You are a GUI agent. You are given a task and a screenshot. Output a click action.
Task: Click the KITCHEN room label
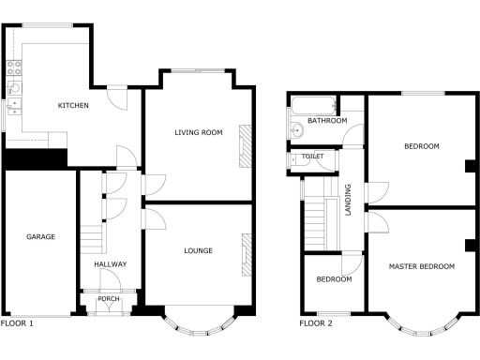(73, 105)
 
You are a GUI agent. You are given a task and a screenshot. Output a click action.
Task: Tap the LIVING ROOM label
(198, 133)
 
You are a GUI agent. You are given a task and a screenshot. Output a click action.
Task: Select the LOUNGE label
(198, 250)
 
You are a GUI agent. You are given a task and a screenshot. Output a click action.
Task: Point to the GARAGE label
(40, 237)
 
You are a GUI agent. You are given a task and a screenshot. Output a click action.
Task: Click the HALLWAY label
(110, 264)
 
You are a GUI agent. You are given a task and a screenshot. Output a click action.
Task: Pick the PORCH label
(109, 299)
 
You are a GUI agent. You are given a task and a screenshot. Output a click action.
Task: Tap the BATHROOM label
(328, 121)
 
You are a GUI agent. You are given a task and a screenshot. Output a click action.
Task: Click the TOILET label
(312, 157)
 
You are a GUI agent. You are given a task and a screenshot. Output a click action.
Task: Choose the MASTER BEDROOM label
(422, 266)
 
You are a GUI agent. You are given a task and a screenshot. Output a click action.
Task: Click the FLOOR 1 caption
(17, 323)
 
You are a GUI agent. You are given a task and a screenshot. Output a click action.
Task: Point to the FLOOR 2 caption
(316, 323)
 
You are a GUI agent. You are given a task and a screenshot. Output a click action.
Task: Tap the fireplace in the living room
(246, 146)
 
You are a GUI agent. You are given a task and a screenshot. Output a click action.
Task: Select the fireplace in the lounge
(246, 255)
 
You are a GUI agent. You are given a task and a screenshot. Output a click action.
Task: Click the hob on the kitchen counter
(14, 67)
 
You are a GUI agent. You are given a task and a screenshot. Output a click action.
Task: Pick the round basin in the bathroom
(295, 130)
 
